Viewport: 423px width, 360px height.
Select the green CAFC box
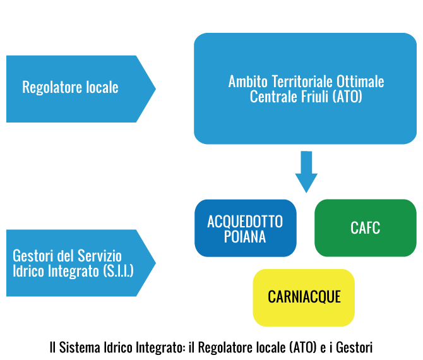(x=366, y=228)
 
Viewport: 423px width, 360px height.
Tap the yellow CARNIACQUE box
(x=304, y=297)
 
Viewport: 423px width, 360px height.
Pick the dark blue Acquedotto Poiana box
(x=245, y=228)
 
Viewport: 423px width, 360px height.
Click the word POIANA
(x=245, y=236)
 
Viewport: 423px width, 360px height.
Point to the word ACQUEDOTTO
(x=245, y=222)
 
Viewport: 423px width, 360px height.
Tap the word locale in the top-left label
(x=102, y=87)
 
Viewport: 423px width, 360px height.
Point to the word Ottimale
(x=360, y=82)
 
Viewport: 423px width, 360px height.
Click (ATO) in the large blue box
(x=347, y=97)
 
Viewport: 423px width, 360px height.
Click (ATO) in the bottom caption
(x=301, y=347)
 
